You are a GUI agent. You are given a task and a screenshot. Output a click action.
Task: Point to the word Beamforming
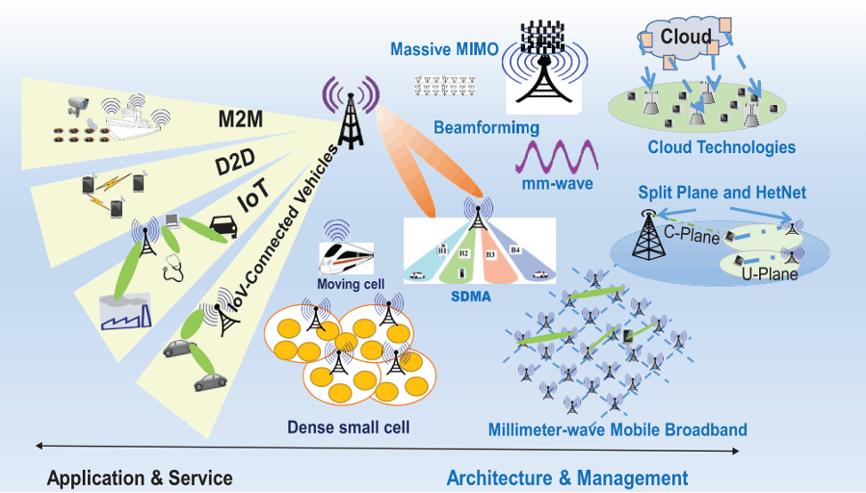tap(485, 127)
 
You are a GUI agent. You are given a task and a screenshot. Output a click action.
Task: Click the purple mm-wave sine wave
tap(558, 155)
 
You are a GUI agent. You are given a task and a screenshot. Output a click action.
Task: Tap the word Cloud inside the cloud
tap(686, 38)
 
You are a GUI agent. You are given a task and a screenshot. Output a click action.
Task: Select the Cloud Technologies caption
tap(722, 147)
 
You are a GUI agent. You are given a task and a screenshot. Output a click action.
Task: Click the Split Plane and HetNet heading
tap(722, 194)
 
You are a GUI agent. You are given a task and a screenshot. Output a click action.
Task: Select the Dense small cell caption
tap(349, 426)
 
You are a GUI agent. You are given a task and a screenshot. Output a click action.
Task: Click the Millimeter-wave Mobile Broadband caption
tap(617, 429)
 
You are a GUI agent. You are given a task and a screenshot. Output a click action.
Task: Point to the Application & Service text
tap(140, 478)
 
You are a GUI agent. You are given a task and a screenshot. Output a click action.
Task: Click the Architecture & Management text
tap(567, 478)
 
